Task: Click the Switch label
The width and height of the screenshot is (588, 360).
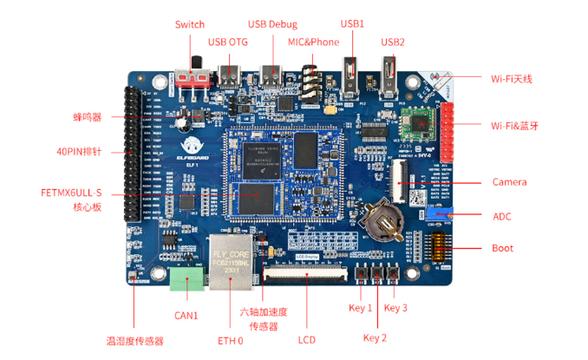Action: (x=190, y=24)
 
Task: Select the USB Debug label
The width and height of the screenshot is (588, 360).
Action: (x=272, y=24)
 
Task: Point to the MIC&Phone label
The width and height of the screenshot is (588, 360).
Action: (x=314, y=42)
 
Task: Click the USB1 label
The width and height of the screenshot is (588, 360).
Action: (x=352, y=24)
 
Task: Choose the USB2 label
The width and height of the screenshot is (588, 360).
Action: (x=393, y=42)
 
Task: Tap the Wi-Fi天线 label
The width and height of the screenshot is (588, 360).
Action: (x=511, y=79)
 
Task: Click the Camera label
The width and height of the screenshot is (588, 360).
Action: (x=509, y=182)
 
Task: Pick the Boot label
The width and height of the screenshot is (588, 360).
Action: (x=502, y=248)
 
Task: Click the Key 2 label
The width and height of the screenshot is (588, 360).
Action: (x=375, y=337)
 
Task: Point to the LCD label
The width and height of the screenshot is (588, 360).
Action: (x=305, y=339)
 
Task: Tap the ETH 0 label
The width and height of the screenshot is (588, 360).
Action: (x=231, y=339)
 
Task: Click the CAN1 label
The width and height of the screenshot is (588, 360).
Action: (x=187, y=315)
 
